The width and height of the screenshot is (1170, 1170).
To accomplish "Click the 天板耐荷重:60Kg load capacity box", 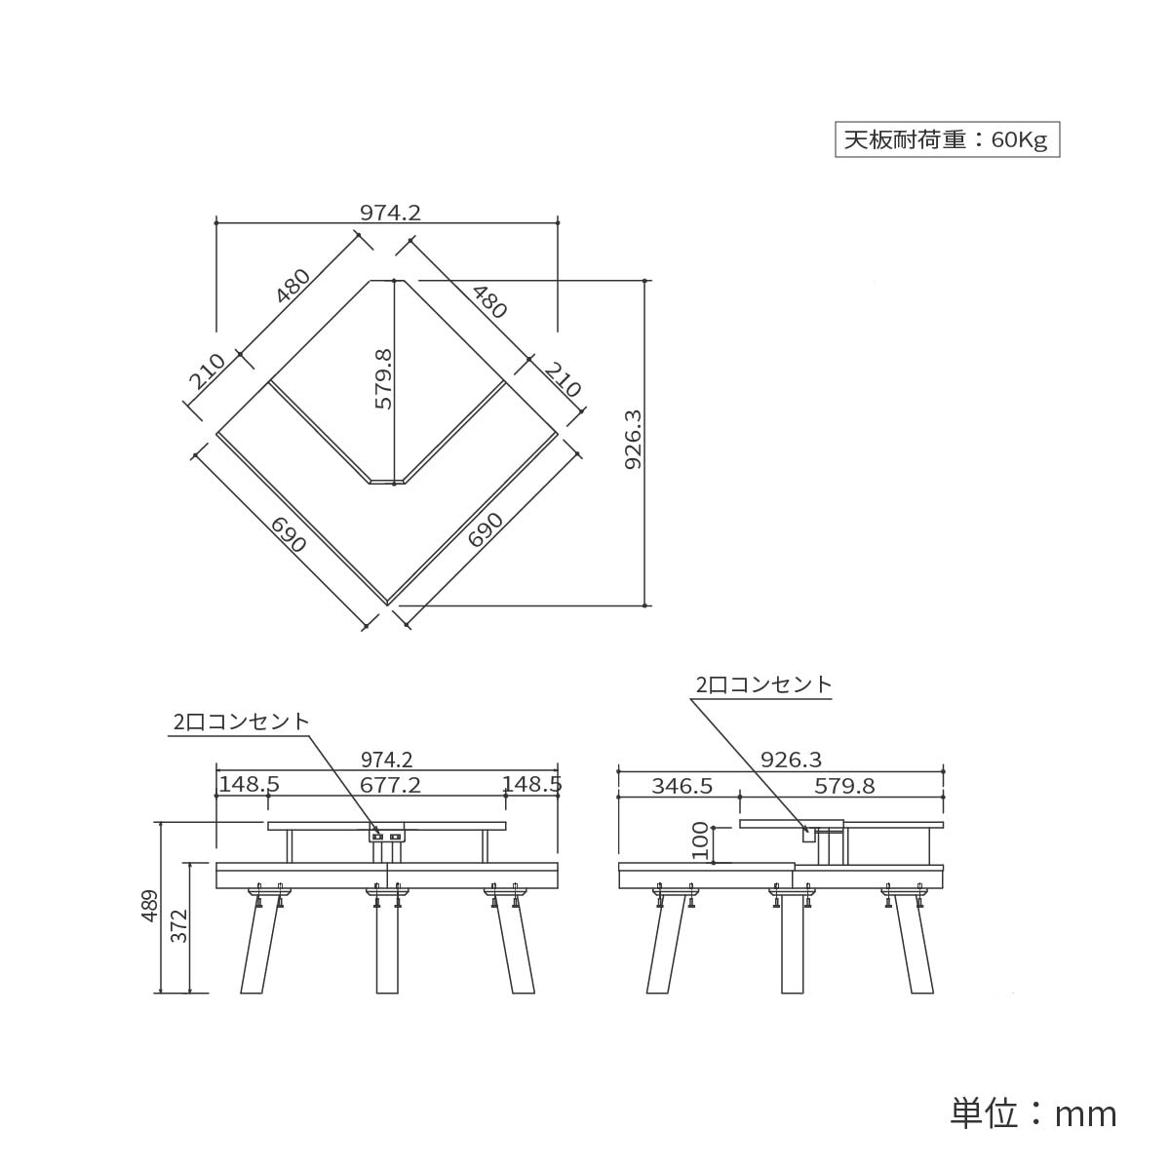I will [x=946, y=139].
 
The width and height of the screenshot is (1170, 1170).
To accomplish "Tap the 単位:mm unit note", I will [x=1033, y=1112].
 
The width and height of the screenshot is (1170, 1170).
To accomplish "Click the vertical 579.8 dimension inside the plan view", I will [x=383, y=379].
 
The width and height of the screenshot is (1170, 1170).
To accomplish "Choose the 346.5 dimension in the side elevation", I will [x=682, y=785].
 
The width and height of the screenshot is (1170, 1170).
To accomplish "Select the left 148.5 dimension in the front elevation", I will [x=249, y=784].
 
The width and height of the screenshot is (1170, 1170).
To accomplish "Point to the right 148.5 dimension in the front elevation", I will [x=531, y=784].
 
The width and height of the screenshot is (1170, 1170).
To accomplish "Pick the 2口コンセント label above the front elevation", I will [x=241, y=721].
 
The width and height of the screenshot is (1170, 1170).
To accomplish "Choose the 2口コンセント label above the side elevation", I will [x=764, y=684].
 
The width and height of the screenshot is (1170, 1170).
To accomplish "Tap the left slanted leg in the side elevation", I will [x=663, y=946].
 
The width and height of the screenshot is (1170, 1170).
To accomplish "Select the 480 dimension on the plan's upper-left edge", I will [x=292, y=285].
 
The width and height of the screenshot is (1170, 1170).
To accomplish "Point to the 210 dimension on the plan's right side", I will [x=563, y=379].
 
